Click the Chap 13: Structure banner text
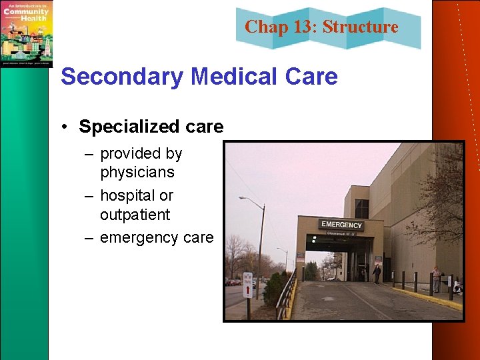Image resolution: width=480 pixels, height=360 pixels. tap(321, 27)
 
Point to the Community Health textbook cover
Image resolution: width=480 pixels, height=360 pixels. tap(26, 33)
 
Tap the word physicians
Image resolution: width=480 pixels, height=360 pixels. tap(137, 173)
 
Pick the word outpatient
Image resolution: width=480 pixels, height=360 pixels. tap(135, 215)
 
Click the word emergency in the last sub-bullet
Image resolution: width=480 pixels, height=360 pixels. tap(137, 238)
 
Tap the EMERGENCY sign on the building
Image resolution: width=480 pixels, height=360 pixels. tap(341, 225)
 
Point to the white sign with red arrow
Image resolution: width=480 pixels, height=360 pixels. tap(248, 291)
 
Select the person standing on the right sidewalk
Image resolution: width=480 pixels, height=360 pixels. tap(436, 278)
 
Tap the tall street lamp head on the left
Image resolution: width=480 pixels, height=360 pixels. tap(243, 199)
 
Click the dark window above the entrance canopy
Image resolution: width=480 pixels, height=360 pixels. tap(361, 209)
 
